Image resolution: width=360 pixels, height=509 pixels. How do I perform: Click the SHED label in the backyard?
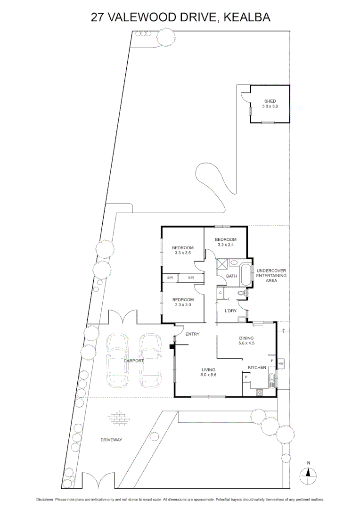tap(270, 101)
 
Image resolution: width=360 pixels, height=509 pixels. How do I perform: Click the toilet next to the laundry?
tap(242, 294)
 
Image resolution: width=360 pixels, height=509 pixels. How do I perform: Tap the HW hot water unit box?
tap(281, 363)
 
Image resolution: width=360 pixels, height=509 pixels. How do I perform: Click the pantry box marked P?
tap(246, 377)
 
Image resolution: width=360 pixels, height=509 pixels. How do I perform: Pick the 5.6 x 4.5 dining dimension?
tap(246, 344)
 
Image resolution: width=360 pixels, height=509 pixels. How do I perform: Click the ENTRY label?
tap(192, 334)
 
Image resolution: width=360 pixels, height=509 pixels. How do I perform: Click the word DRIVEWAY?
tap(111, 440)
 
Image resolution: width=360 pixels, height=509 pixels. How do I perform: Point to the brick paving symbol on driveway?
tap(118, 417)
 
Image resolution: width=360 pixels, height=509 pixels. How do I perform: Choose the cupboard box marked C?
tap(221, 293)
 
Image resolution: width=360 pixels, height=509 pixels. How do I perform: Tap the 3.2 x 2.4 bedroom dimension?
tap(225, 245)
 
